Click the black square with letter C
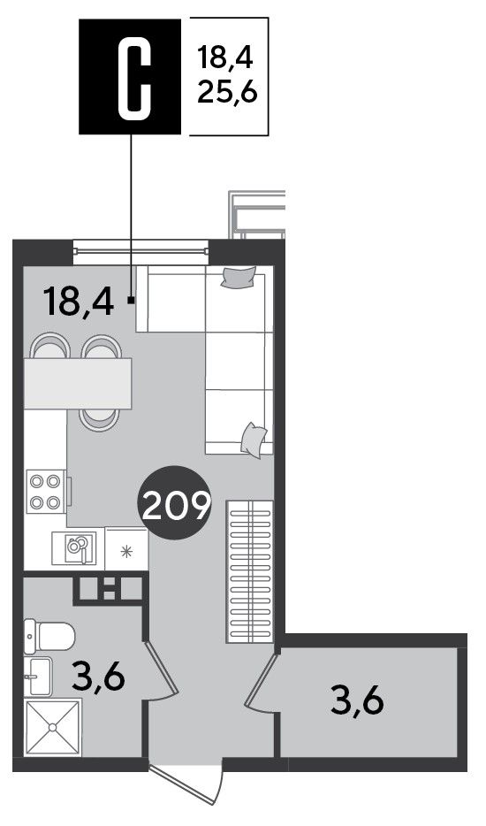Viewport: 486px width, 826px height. [x=130, y=76]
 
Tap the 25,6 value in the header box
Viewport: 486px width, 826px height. [x=227, y=94]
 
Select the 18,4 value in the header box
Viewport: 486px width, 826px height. [x=224, y=57]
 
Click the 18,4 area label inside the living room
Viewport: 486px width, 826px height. [x=79, y=302]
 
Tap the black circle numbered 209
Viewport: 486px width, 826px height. [x=174, y=503]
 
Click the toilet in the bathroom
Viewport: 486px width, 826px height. [x=49, y=637]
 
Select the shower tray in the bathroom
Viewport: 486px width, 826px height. [x=53, y=727]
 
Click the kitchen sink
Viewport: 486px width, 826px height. [x=74, y=547]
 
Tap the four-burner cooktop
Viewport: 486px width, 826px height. [x=45, y=492]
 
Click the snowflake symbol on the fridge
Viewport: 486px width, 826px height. [x=125, y=551]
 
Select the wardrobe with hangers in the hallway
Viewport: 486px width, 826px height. [x=250, y=571]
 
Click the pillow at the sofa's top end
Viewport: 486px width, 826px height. [x=239, y=277]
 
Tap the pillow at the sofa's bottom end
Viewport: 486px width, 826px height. [x=254, y=440]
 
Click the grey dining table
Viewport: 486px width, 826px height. [x=78, y=384]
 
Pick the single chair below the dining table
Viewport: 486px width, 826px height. [x=99, y=420]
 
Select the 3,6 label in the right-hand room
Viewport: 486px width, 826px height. [x=358, y=700]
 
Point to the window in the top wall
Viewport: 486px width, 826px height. [x=140, y=251]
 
